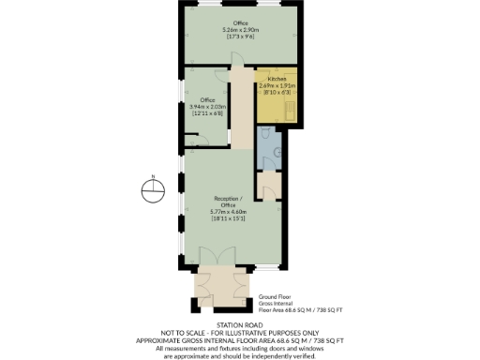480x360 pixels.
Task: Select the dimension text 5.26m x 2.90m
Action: click(x=241, y=30)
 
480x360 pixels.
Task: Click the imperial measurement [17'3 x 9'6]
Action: click(x=241, y=37)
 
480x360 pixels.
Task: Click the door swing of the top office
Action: click(x=238, y=59)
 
